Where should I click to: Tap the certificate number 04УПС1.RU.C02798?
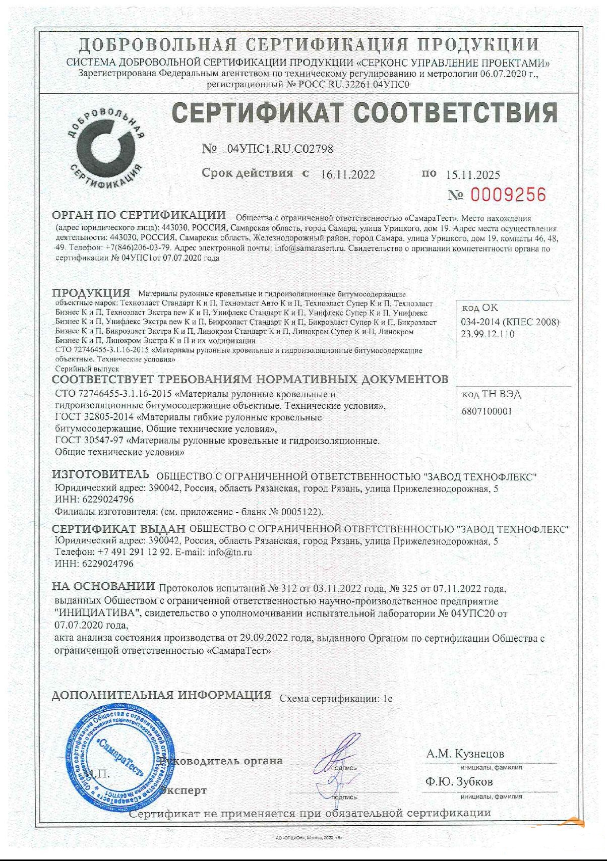(280, 149)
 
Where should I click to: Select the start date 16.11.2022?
(348, 174)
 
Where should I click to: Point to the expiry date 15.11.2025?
(473, 175)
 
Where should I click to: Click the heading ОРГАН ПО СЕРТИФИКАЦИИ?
(139, 215)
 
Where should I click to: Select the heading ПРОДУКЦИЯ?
(91, 293)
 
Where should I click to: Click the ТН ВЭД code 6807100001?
(487, 411)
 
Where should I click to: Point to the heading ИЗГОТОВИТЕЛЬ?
(101, 474)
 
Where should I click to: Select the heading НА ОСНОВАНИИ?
(103, 586)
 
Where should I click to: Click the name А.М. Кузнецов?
(465, 754)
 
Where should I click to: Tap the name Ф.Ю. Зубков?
(459, 782)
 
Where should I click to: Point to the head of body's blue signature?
(337, 756)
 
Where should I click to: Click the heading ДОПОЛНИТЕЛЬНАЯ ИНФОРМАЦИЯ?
(161, 695)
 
